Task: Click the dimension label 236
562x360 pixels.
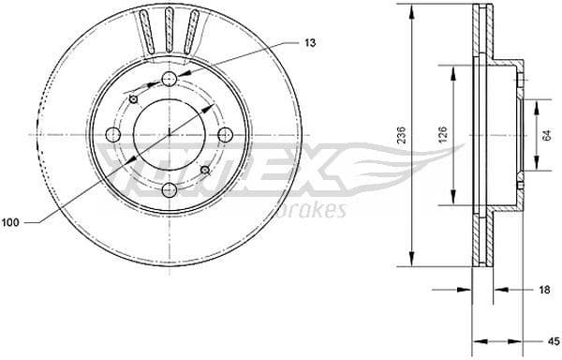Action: coord(402,135)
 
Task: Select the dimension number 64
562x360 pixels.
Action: coord(545,135)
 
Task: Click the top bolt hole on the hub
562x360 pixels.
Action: coord(169,79)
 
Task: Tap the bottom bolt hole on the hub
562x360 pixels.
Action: coord(169,190)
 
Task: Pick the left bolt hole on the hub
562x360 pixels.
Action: coord(113,135)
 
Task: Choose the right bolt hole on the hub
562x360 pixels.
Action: coord(224,135)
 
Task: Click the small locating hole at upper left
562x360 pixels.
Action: coord(134,99)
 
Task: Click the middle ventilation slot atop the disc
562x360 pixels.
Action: coord(170,28)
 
